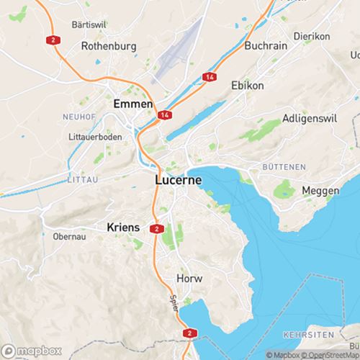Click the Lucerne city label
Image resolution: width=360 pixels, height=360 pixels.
[179, 181]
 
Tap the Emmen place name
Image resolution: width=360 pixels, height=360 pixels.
[133, 104]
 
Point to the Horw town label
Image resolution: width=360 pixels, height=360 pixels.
[189, 278]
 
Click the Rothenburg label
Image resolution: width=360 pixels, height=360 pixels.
[108, 45]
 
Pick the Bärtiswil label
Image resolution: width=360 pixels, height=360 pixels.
[90, 24]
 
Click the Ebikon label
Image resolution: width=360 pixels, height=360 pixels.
[247, 85]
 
